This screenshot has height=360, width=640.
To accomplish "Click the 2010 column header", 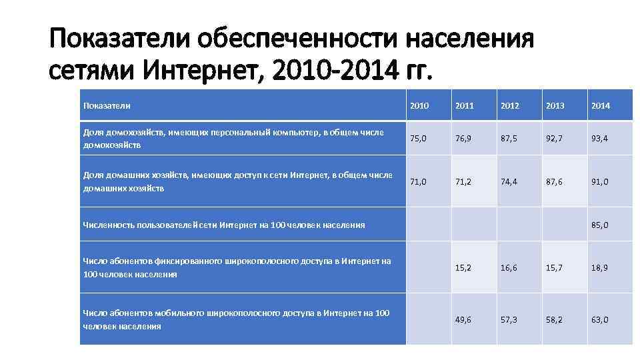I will (419, 105).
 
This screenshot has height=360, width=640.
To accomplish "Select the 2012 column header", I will (509, 105).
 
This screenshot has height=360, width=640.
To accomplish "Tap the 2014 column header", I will (599, 105).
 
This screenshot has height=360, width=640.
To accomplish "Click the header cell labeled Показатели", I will (107, 105).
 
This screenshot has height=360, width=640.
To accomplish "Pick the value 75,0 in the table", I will (419, 138).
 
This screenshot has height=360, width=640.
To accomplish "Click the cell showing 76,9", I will (465, 138).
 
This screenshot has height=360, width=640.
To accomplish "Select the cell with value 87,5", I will (509, 138).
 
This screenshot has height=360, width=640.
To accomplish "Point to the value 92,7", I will (555, 138).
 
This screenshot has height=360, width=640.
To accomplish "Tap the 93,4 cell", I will (599, 138).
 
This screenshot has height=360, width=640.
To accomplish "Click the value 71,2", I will (465, 181).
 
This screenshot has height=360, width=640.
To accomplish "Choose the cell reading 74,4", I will (509, 181).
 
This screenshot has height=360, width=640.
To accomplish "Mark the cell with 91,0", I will (599, 181).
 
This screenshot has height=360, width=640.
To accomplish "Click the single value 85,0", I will (599, 225).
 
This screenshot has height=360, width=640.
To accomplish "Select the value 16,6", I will (509, 267).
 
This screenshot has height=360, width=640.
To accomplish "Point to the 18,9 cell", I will (599, 267).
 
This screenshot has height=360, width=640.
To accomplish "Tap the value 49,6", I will (465, 319).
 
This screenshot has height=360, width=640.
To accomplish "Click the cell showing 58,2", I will (555, 319).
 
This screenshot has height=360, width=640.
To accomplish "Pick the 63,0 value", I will (599, 319).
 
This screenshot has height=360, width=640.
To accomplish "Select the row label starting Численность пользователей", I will (223, 225).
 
